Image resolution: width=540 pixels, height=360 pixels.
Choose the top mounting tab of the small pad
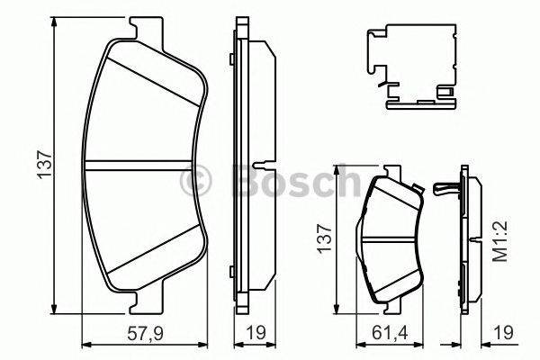[391, 173]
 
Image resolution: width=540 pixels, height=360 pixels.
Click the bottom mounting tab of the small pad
[394, 304]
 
